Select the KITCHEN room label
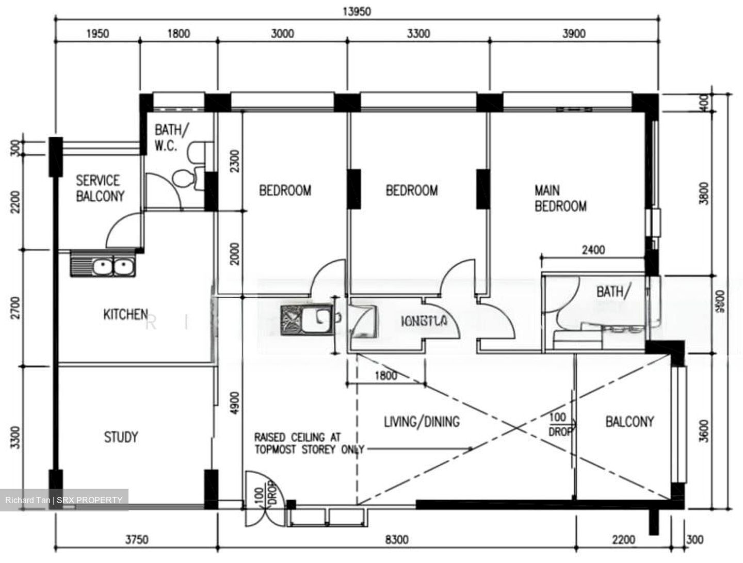125,314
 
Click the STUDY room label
121,438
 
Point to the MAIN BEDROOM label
560,199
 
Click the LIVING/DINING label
422,422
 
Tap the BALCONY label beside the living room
629,422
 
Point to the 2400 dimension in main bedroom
593,250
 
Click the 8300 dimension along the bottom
397,540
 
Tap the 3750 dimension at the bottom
137,540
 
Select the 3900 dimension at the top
573,34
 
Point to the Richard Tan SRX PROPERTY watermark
64,500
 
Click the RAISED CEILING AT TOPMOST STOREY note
309,444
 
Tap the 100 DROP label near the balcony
558,424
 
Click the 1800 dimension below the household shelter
385,376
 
